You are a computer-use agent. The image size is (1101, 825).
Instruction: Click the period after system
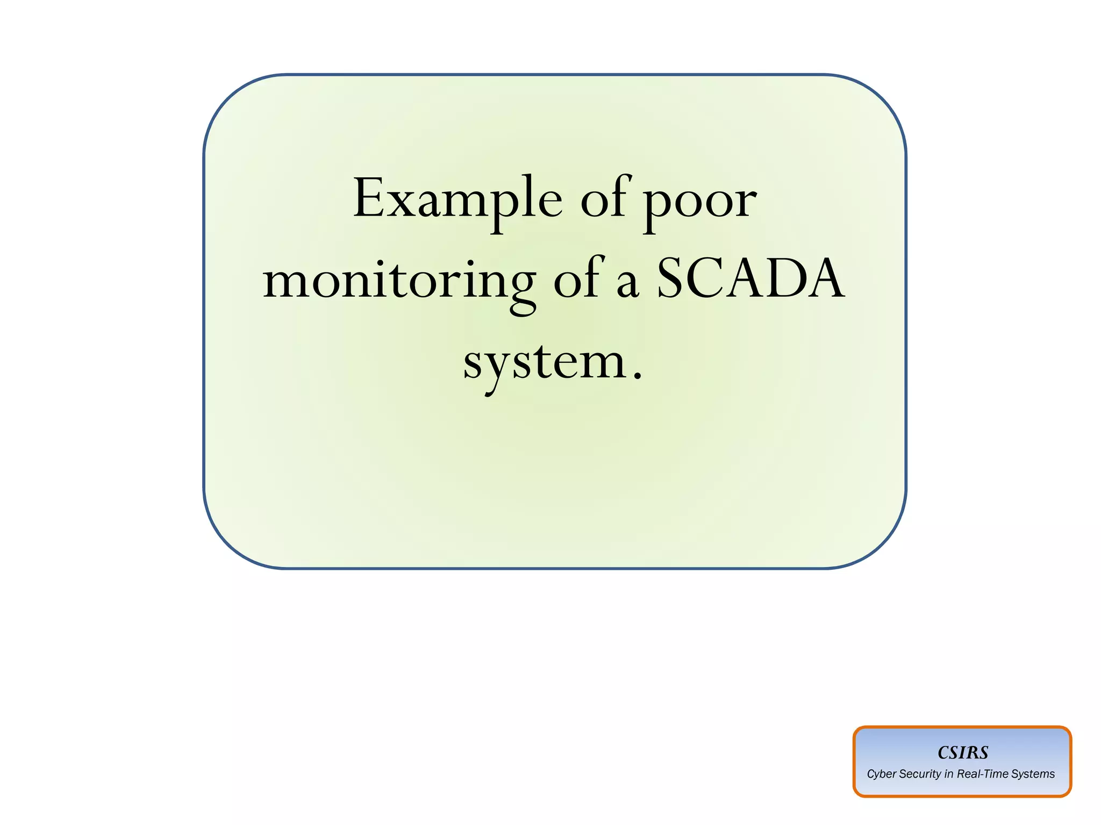[x=637, y=375]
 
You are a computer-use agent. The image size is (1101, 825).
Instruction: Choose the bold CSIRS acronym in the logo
[x=962, y=752]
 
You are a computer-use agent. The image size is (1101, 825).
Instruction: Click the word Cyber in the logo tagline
[x=881, y=774]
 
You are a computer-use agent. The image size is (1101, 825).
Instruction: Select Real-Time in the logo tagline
[x=982, y=774]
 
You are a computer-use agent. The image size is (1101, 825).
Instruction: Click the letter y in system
[x=495, y=369]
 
